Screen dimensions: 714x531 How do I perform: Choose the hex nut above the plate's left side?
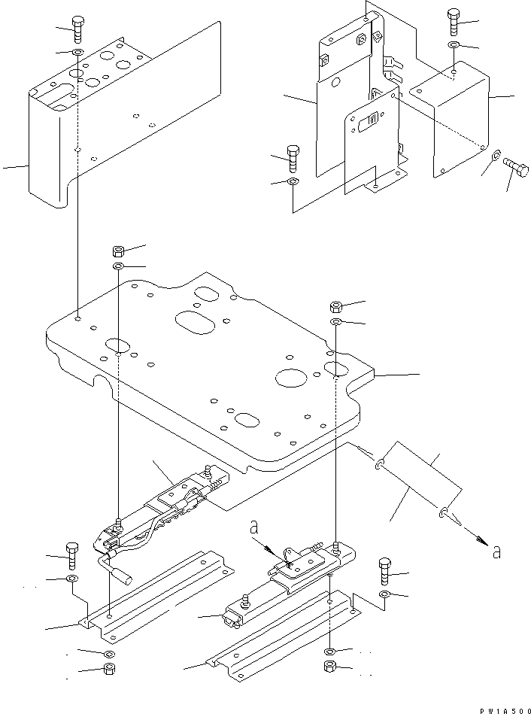tap(120, 251)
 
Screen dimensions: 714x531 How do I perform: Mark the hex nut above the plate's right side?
tap(337, 306)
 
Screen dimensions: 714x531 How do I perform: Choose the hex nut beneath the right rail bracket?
tap(329, 667)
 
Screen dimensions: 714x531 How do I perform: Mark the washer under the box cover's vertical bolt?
tap(454, 46)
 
